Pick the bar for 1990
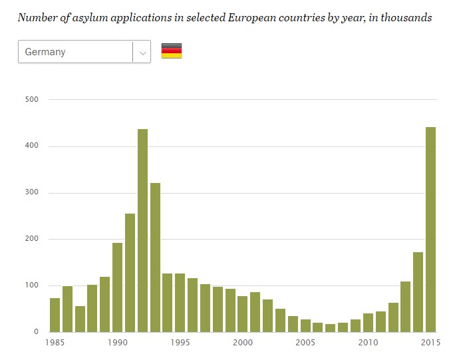click(117, 287)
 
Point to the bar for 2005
click(305, 325)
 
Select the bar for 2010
click(368, 322)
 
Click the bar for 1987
click(80, 319)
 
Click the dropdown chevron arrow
click(142, 52)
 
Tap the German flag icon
click(172, 51)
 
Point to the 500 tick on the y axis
click(33, 100)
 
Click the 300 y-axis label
click(33, 193)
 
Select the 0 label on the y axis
click(37, 331)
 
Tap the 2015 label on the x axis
click(430, 343)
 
